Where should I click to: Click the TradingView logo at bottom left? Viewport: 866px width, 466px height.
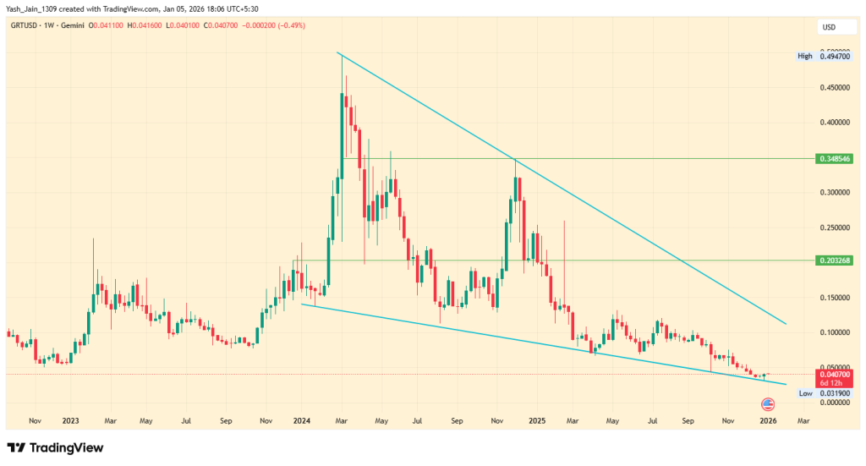[x=56, y=447]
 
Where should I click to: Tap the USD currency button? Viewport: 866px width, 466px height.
[x=829, y=28]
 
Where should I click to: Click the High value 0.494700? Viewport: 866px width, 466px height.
[x=834, y=56]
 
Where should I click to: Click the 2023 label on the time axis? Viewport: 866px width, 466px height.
[x=70, y=420]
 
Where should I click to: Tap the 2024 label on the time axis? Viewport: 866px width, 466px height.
[x=303, y=420]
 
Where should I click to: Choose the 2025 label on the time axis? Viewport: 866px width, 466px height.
[x=535, y=420]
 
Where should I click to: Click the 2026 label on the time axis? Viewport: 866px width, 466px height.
[x=768, y=420]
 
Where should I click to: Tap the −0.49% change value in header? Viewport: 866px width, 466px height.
[x=290, y=26]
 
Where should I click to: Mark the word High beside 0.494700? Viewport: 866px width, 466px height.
[x=804, y=56]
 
